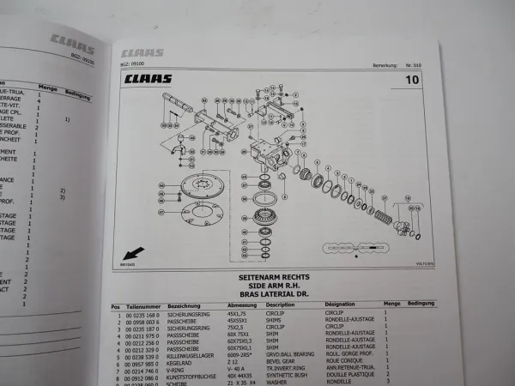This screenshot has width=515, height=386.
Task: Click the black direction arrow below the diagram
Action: click(133, 254)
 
